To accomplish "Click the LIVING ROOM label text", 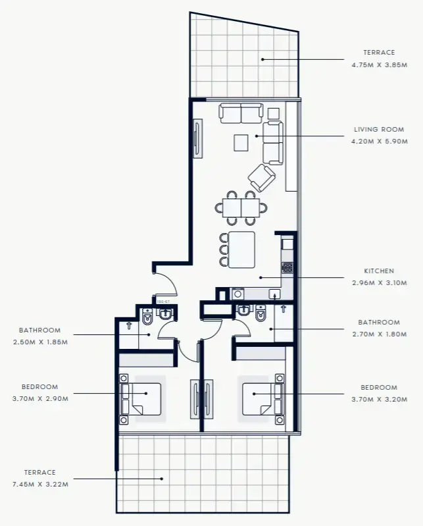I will pyautogui.click(x=379, y=130).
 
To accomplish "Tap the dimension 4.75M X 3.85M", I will pyautogui.click(x=379, y=65).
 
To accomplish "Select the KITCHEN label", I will pyautogui.click(x=379, y=271).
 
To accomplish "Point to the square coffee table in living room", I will pyautogui.click(x=241, y=142).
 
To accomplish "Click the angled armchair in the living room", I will pyautogui.click(x=261, y=177).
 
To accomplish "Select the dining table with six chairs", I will pyautogui.click(x=241, y=208).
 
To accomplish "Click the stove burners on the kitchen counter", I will pyautogui.click(x=287, y=267).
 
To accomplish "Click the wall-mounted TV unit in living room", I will pyautogui.click(x=197, y=138).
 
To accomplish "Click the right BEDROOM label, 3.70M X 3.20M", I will pyautogui.click(x=379, y=393).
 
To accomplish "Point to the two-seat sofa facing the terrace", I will pyautogui.click(x=241, y=114).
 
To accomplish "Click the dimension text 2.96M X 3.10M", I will pyautogui.click(x=379, y=282).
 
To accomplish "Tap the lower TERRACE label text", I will pyautogui.click(x=39, y=472).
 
